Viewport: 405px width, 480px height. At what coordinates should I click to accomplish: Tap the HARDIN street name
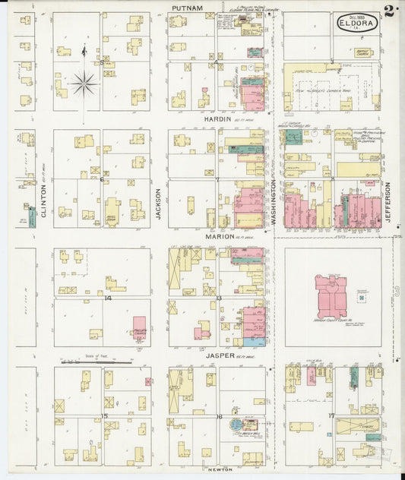[213, 119]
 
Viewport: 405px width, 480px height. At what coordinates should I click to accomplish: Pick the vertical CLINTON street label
[43, 203]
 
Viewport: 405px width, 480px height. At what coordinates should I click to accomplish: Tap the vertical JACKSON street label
[159, 204]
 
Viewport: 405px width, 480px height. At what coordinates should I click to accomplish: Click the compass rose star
[84, 84]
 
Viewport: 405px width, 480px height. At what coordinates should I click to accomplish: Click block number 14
[107, 298]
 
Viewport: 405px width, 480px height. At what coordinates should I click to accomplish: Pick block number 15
[106, 416]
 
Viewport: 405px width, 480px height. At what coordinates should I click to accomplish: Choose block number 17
[331, 415]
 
